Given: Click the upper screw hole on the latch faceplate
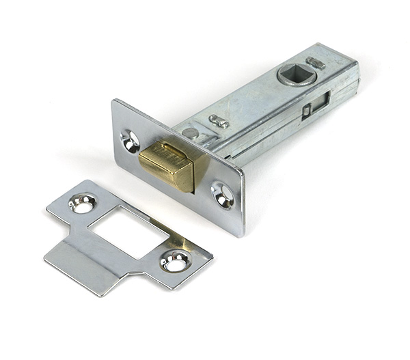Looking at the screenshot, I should [x=130, y=139].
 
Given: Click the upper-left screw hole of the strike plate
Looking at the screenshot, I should [x=83, y=203].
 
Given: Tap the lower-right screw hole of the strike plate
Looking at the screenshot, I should [x=174, y=260].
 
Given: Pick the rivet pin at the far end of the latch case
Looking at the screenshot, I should [x=316, y=63].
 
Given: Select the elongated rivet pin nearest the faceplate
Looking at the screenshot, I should [x=219, y=122].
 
